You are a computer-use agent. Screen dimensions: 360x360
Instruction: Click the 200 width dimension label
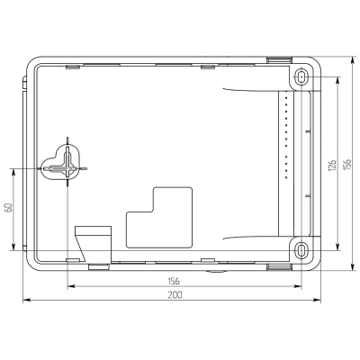tap(175, 295)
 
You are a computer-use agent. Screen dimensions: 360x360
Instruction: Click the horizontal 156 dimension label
tap(174, 281)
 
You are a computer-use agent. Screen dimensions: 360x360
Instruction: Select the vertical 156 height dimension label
tap(347, 165)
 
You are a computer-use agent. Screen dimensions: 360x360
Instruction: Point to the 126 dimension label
tap(332, 166)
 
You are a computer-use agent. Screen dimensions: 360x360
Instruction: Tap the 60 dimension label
tap(8, 208)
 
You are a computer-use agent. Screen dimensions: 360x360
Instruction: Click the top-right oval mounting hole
tap(301, 77)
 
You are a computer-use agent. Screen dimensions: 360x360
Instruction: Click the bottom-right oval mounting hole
tap(301, 249)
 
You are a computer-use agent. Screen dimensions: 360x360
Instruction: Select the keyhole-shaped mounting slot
tap(61, 163)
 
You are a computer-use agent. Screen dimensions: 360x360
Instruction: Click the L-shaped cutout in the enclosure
tap(159, 218)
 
